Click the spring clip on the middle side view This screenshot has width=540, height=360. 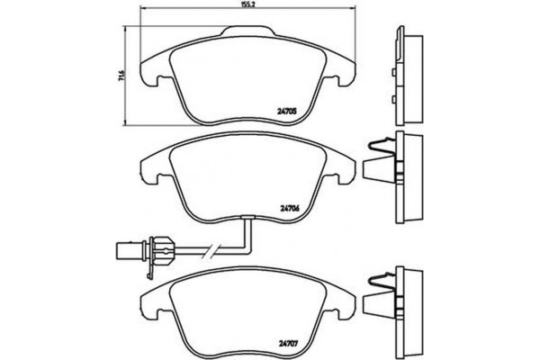click(x=381, y=149)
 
